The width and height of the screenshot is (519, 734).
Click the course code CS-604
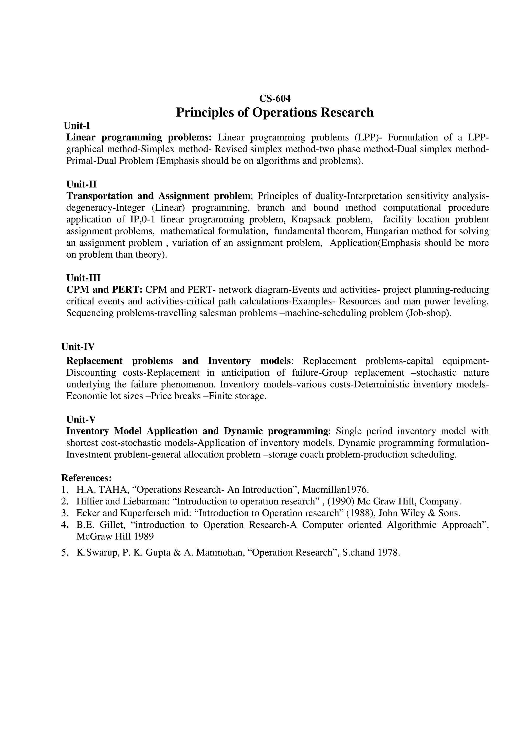tap(275, 99)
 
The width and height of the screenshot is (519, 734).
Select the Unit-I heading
tap(77, 126)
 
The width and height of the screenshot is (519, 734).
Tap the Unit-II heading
tap(81, 184)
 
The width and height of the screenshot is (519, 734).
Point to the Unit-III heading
tap(83, 278)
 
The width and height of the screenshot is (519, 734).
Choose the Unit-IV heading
tap(78, 346)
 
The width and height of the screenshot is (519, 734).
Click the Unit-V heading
tap(81, 419)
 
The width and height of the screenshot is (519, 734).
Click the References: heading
tap(86, 478)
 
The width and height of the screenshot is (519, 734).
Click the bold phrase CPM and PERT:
tap(104, 290)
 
